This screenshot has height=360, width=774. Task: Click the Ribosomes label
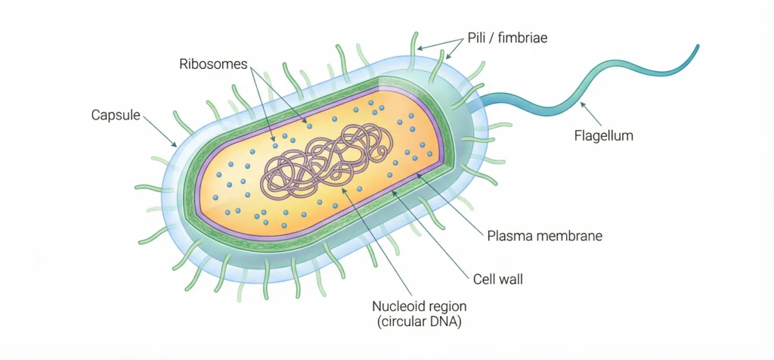point(213,64)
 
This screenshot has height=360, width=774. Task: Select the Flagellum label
point(602,136)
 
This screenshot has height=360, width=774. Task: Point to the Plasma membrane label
point(544,236)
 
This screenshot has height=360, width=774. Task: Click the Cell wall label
point(497,279)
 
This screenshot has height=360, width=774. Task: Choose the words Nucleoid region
point(420,306)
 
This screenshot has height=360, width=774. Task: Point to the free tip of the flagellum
point(695,48)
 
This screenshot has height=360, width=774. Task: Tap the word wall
point(511,279)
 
